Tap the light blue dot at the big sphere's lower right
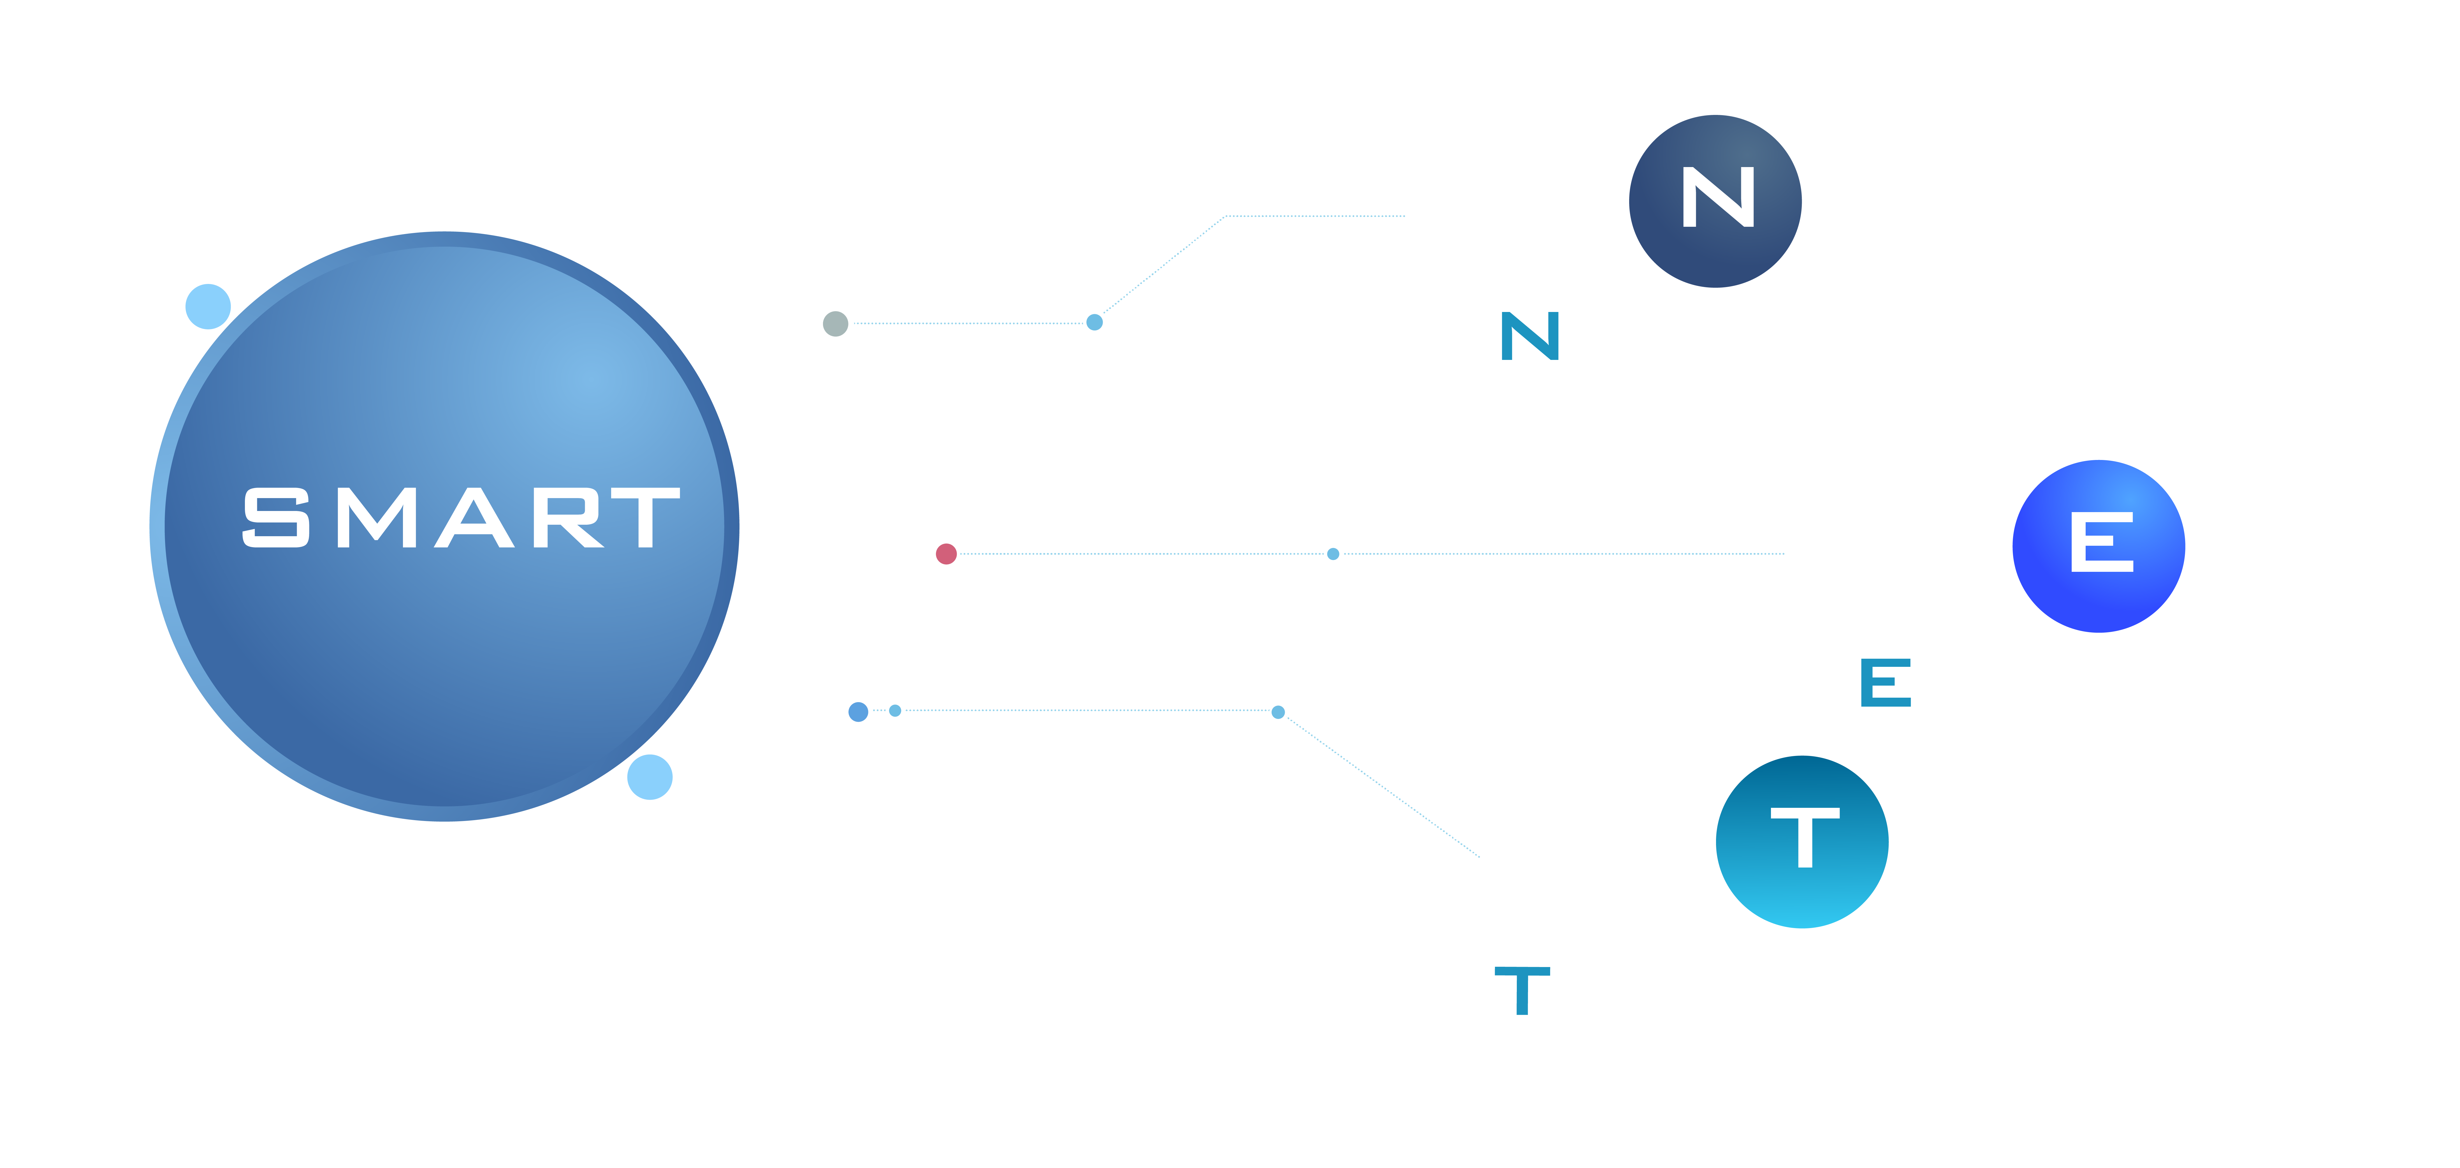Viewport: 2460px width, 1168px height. [649, 776]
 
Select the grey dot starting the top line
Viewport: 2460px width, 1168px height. [836, 324]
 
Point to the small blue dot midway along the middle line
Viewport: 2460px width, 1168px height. [1333, 554]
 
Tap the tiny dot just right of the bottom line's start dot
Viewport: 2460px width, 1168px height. [895, 711]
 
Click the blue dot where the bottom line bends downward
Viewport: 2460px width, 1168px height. [1278, 711]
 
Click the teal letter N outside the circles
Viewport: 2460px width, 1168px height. [1530, 336]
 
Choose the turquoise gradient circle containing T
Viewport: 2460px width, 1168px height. [1802, 841]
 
